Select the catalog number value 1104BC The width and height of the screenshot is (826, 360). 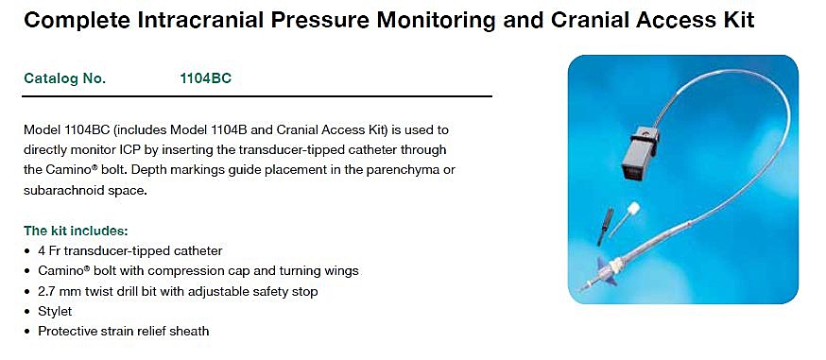click(205, 78)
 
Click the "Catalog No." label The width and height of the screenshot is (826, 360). click(65, 78)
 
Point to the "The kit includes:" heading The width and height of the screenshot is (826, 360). click(76, 231)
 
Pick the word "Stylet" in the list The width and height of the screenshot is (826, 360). click(55, 311)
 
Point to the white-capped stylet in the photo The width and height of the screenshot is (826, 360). click(625, 219)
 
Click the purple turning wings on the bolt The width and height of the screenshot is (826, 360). click(606, 271)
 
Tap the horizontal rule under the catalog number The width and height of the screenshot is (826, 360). click(257, 96)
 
